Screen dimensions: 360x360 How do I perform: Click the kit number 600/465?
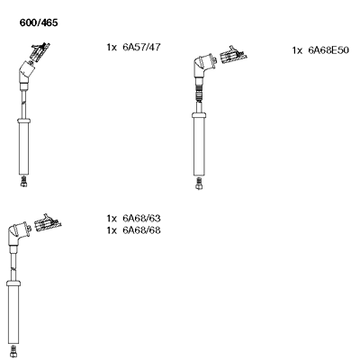39,22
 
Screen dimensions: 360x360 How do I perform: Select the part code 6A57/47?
141,47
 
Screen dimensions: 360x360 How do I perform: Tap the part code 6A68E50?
328,50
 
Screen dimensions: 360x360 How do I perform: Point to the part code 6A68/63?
141,218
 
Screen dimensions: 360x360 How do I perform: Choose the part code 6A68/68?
141,230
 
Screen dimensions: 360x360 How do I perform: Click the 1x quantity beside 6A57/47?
112,48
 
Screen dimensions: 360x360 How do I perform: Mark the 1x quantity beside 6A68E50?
298,50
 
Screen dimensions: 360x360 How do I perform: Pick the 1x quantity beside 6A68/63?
112,219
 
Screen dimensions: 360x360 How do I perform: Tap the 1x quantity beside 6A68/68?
112,230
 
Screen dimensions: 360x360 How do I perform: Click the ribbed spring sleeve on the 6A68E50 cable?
199,94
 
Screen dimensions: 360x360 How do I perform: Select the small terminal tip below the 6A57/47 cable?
24,182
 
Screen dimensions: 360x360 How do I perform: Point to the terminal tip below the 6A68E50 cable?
199,184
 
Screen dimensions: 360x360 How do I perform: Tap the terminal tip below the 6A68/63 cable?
13,351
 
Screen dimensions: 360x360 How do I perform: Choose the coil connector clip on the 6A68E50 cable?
234,55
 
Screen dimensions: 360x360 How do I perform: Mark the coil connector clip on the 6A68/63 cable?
48,222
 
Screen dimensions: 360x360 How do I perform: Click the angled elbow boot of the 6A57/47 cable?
26,72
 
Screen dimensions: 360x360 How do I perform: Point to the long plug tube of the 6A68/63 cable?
13,312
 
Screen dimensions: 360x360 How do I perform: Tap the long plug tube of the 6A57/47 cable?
24,147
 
